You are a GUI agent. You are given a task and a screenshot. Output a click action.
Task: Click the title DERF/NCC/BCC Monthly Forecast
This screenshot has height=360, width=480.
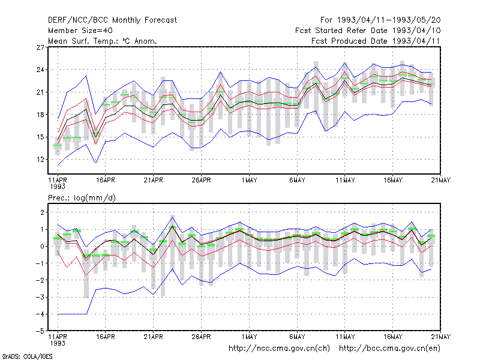[112, 20]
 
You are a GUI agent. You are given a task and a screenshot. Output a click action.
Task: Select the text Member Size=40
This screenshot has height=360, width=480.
[80, 31]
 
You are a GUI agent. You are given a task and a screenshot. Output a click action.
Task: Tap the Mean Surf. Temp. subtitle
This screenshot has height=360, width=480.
[102, 41]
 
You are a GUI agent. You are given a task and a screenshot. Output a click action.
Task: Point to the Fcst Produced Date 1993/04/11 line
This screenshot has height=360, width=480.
[376, 41]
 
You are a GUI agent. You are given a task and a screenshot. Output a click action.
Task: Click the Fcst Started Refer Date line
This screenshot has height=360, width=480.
[368, 31]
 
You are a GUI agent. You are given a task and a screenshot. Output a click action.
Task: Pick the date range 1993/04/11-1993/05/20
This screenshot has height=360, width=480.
[389, 20]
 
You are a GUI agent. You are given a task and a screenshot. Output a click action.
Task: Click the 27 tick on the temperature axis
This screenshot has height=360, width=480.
[40, 47]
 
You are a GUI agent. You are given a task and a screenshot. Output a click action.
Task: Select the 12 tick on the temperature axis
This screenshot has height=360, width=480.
[40, 160]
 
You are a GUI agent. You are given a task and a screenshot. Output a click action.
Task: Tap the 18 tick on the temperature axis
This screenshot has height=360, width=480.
[40, 115]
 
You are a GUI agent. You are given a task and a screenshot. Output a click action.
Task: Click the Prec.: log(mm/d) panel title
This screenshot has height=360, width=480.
[82, 198]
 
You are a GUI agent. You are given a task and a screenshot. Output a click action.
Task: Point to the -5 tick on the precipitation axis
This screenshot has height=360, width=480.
[40, 331]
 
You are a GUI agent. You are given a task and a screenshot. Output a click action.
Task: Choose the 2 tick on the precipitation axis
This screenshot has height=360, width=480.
[42, 212]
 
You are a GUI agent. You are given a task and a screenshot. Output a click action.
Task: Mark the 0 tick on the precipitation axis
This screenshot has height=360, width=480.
[42, 247]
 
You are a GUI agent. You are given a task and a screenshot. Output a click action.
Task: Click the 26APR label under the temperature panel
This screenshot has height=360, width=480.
[201, 181]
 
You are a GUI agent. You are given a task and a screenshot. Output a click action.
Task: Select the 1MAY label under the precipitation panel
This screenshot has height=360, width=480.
[249, 337]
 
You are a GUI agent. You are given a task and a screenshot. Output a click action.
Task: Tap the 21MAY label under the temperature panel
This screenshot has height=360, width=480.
[441, 181]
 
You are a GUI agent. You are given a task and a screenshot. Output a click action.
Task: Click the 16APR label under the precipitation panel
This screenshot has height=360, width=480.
[106, 337]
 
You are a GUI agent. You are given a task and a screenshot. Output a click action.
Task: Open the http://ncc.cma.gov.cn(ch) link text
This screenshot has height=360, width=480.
[279, 349]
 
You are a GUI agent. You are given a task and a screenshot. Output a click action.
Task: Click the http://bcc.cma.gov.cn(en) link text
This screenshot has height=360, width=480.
[389, 349]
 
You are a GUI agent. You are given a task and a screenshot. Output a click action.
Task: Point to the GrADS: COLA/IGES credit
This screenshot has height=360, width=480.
[27, 356]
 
